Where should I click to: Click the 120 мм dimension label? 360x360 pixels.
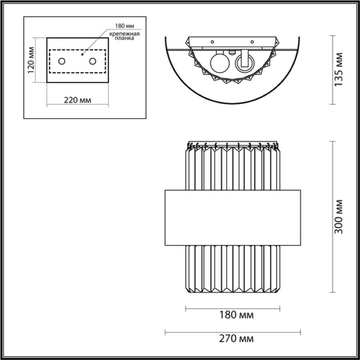(31, 60)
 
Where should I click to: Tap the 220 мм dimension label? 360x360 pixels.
(77, 100)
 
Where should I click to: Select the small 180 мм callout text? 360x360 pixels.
(125, 26)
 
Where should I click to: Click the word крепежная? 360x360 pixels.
(124, 34)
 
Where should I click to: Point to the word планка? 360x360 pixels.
(124, 38)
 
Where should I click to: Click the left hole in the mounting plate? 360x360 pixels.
(62, 61)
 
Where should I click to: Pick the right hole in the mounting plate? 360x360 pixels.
(93, 61)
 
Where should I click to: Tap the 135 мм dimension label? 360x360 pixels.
(338, 70)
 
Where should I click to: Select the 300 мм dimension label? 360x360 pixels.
(338, 217)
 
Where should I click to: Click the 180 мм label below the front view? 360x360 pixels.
(237, 315)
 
